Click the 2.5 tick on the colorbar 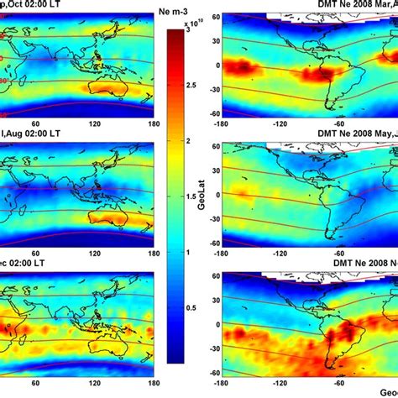[x=196, y=86]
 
